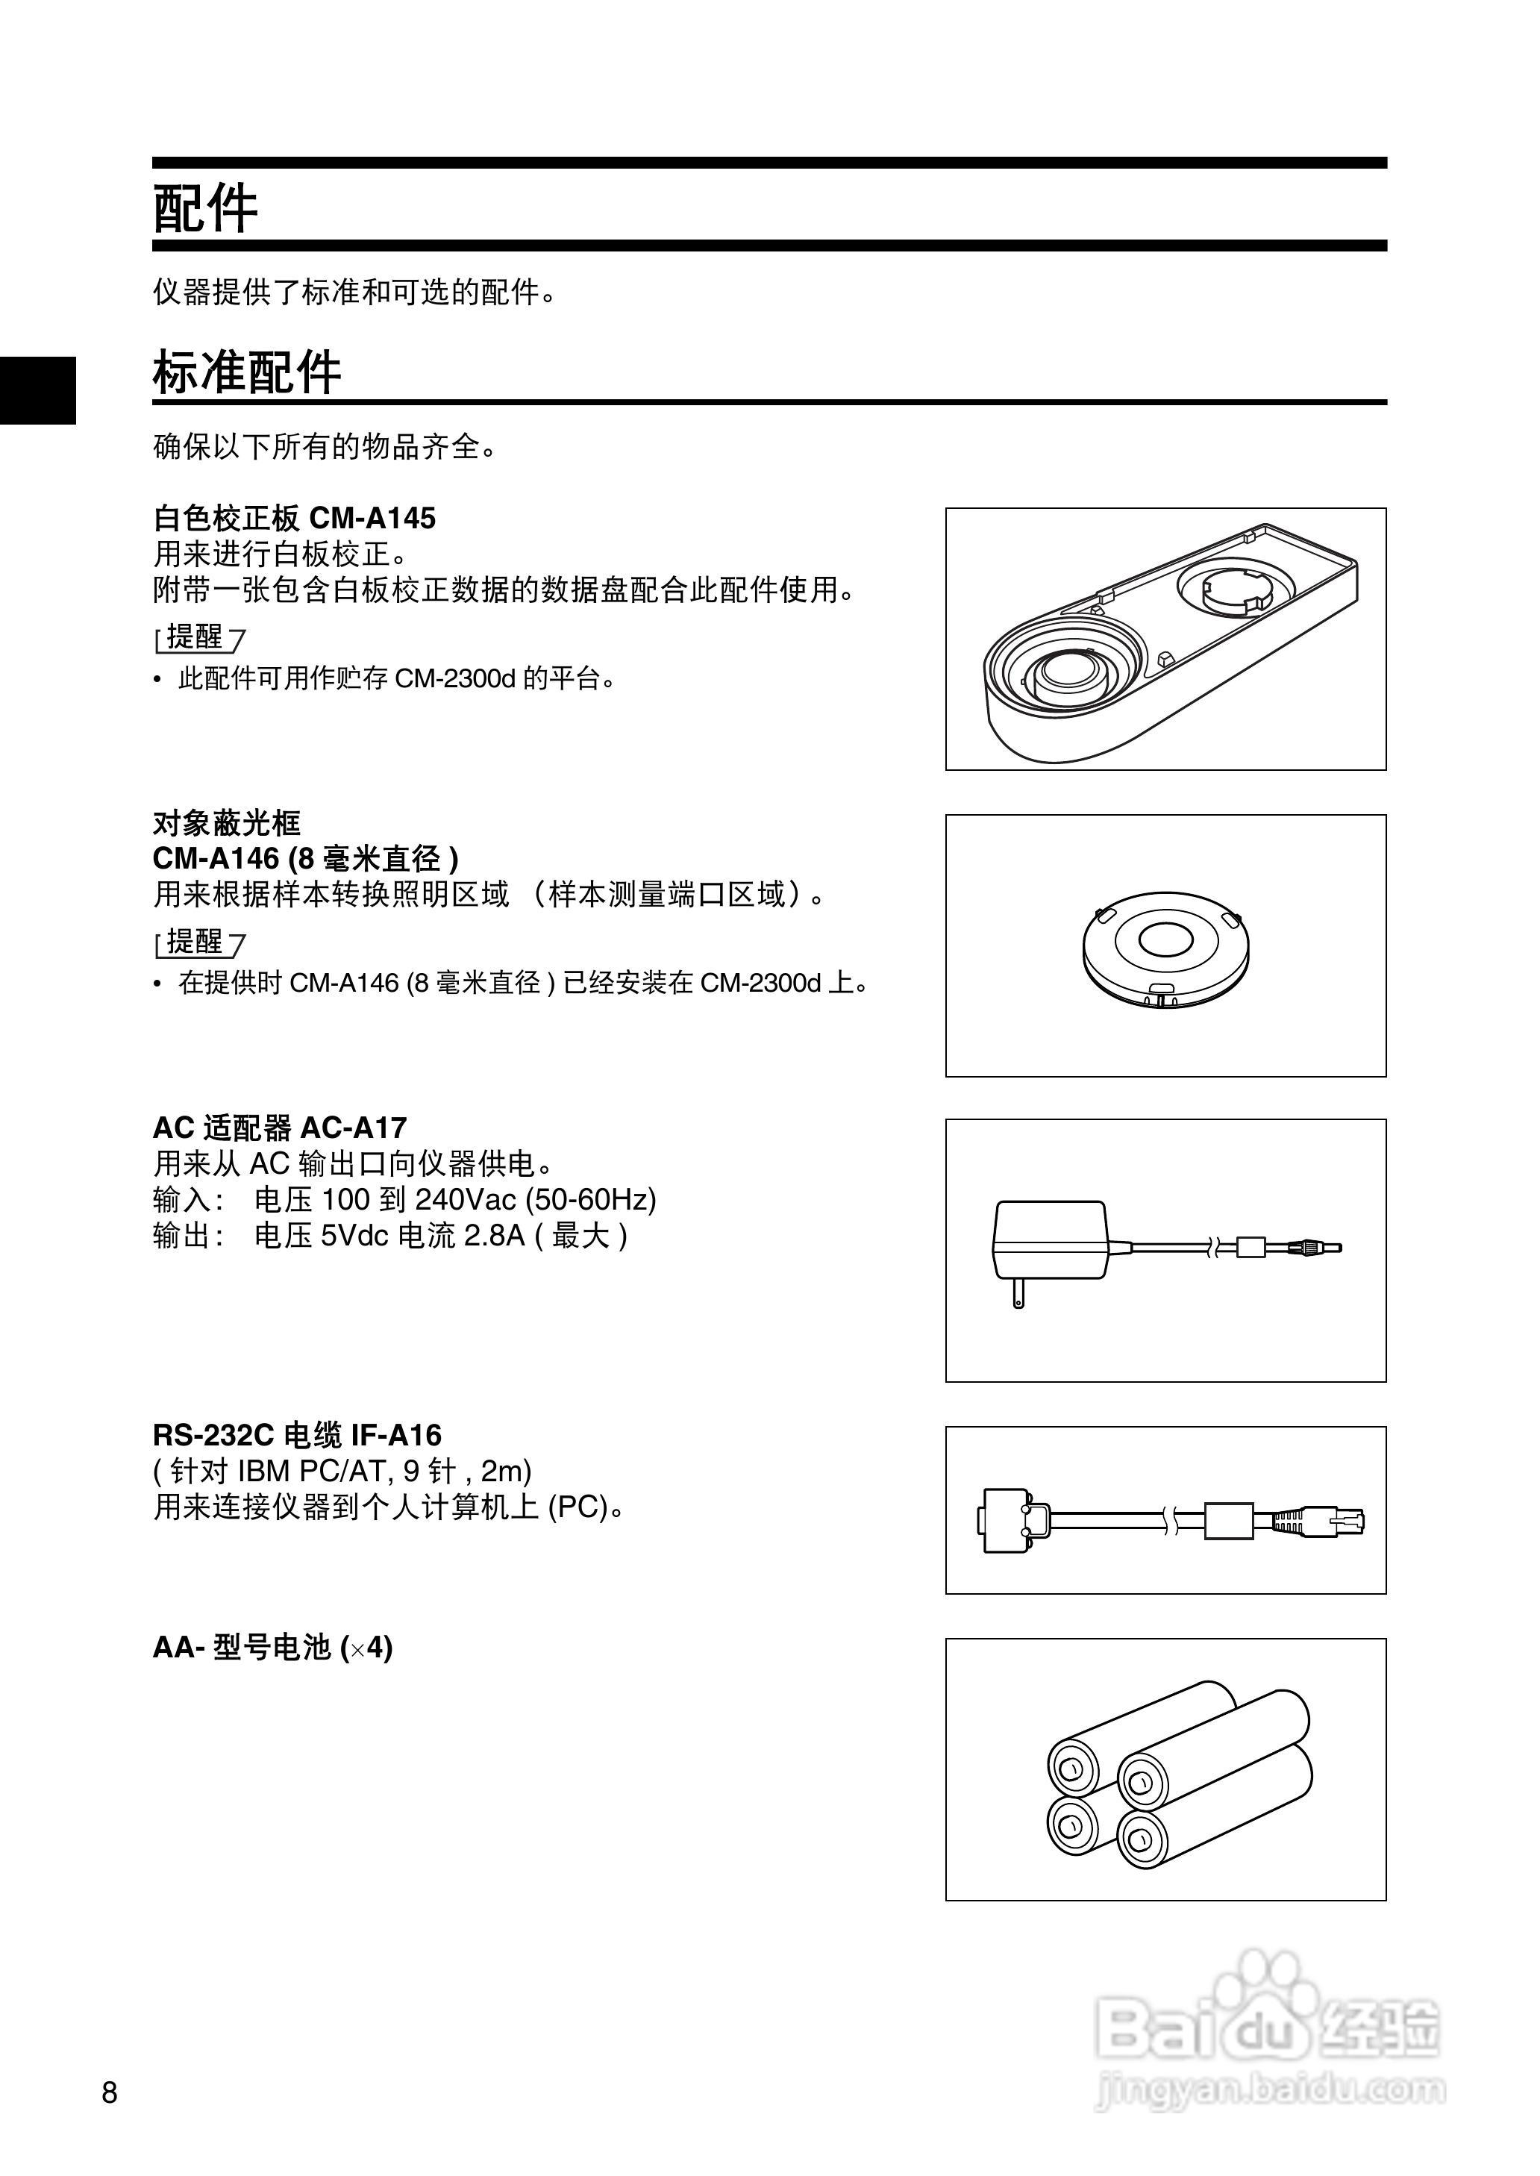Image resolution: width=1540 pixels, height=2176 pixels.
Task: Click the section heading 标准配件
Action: [x=246, y=372]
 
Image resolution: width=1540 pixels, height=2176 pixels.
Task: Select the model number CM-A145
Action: [x=372, y=519]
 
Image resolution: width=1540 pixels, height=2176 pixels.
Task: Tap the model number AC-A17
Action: [x=353, y=1128]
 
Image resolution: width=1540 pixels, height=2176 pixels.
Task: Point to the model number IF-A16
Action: [x=392, y=1436]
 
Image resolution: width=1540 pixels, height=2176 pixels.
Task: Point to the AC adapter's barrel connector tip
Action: [x=1323, y=1248]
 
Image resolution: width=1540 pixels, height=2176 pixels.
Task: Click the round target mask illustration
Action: [x=1165, y=946]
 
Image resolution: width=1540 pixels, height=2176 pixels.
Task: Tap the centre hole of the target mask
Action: [x=1165, y=939]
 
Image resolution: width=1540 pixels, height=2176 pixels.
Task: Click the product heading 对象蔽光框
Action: [x=227, y=822]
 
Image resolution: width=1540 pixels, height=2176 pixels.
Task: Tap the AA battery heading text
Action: [x=272, y=1647]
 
